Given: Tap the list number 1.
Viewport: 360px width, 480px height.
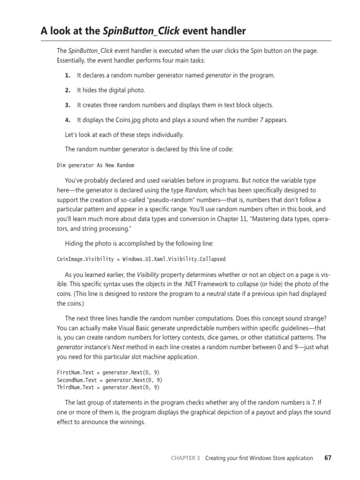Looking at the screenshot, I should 67,75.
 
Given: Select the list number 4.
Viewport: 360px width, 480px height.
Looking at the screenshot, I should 67,120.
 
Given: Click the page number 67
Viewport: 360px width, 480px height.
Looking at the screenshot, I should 327,458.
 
